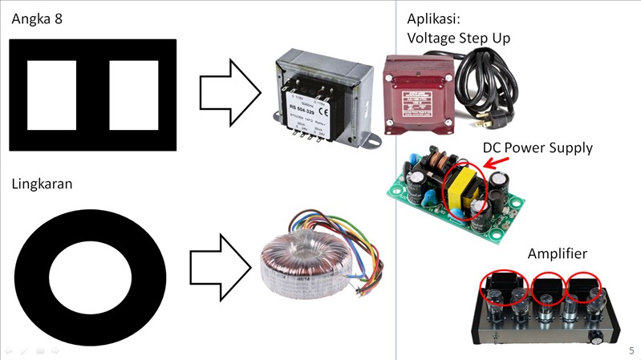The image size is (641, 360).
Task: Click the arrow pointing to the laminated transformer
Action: pos(229,95)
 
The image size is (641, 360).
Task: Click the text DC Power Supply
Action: pos(537,148)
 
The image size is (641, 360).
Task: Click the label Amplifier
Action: pos(557,253)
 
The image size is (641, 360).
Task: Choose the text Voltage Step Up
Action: pos(458,38)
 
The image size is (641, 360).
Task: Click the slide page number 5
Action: pos(631,350)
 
